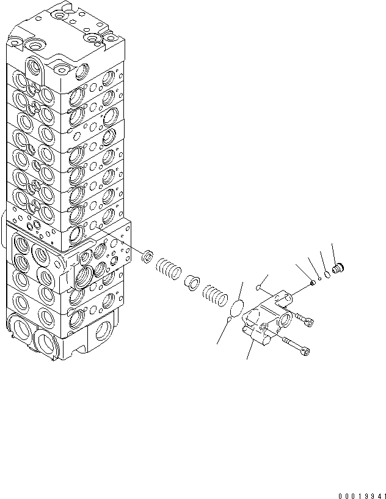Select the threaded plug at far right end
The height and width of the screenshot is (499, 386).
click(338, 268)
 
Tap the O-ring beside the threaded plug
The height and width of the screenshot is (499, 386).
click(327, 273)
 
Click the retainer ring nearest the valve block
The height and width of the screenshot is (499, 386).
click(147, 255)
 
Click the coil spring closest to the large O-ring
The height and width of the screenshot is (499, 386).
click(213, 295)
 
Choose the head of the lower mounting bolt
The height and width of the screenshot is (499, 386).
click(305, 350)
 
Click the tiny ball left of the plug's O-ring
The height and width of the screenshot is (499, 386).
click(320, 277)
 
